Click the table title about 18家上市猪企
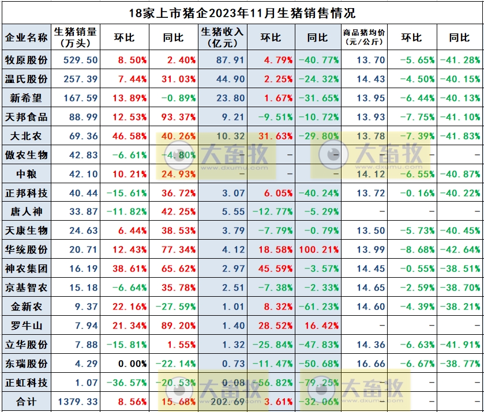[x=242, y=12]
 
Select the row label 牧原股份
[x=26, y=60]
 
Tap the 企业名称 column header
[x=26, y=37]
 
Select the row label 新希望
[x=26, y=98]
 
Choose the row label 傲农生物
[x=26, y=155]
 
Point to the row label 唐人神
[x=26, y=211]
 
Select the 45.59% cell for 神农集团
[x=269, y=269]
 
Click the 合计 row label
[x=26, y=402]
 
